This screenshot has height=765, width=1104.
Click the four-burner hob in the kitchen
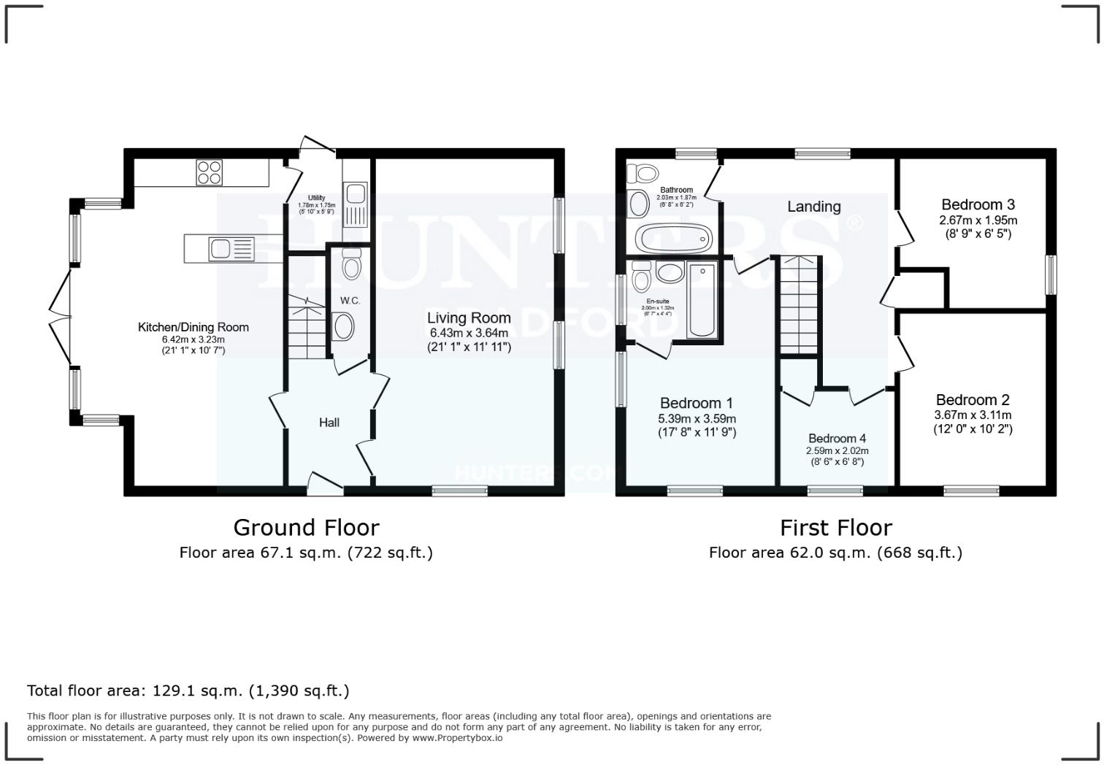(x=209, y=173)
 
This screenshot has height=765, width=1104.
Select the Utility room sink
(x=356, y=194)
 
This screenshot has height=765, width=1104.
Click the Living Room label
(x=469, y=318)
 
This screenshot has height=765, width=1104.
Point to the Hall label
(x=329, y=423)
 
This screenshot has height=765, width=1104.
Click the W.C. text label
(x=350, y=300)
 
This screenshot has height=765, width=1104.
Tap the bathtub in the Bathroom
(x=673, y=238)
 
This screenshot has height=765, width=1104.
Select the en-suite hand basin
(x=669, y=273)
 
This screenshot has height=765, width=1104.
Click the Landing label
(x=813, y=207)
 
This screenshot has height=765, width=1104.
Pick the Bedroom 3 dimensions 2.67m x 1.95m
(x=978, y=220)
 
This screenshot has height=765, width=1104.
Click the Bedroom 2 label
(x=973, y=400)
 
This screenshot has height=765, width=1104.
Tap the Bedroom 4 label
(x=837, y=439)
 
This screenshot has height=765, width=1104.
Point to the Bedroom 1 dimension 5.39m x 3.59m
(x=697, y=419)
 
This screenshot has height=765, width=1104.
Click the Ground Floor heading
(x=306, y=527)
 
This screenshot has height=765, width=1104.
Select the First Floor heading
(x=835, y=527)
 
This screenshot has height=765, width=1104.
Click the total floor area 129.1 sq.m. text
(x=188, y=691)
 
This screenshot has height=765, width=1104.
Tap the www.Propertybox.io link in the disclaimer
(x=457, y=738)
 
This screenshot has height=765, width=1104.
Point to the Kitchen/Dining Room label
(x=193, y=327)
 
